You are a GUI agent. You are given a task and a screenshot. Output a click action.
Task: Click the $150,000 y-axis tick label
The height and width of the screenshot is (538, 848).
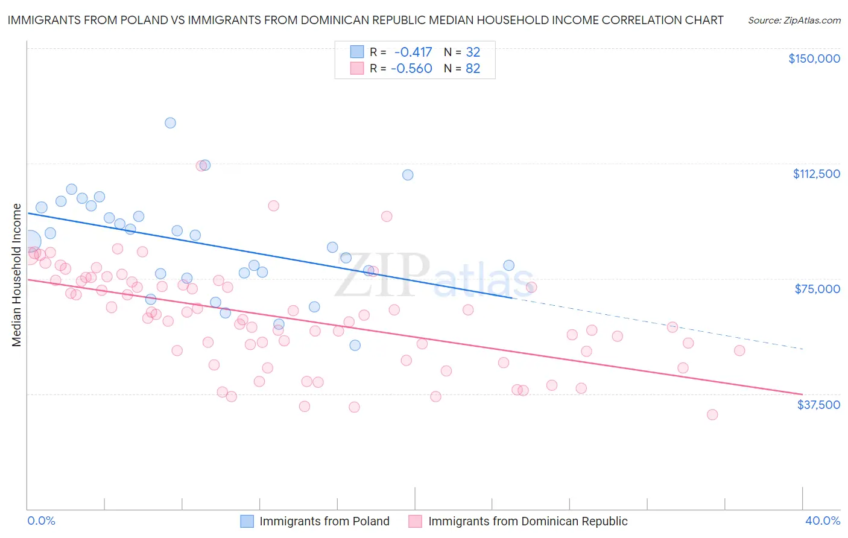(x=814, y=59)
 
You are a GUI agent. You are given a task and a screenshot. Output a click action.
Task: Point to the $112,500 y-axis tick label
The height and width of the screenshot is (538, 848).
(x=816, y=174)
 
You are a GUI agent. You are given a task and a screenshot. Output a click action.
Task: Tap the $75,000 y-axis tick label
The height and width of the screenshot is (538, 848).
(x=817, y=289)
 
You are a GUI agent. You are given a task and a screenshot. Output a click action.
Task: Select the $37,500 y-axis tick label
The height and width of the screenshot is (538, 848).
(x=818, y=405)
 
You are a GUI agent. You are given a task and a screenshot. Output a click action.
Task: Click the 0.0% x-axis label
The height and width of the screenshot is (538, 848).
(x=41, y=521)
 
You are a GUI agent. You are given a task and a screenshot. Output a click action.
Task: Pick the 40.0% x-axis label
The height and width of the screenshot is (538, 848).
(x=822, y=521)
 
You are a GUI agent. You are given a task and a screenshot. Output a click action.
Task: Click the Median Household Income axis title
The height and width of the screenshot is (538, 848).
(x=16, y=275)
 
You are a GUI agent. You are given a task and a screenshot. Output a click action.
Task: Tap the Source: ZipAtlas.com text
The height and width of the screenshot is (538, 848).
(x=794, y=20)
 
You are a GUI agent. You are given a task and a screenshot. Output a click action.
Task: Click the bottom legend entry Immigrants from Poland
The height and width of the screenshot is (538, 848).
(x=324, y=522)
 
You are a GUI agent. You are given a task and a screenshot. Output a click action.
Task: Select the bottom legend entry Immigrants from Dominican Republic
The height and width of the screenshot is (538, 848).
(x=528, y=522)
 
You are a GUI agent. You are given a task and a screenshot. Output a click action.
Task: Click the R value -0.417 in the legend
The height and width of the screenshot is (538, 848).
(x=413, y=52)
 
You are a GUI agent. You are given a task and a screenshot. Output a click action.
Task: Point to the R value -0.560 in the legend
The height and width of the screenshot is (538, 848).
(x=411, y=69)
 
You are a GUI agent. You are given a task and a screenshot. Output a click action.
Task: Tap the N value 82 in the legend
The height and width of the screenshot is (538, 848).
(x=473, y=69)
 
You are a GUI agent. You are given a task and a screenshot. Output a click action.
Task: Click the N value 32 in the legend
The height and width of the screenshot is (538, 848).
(x=473, y=52)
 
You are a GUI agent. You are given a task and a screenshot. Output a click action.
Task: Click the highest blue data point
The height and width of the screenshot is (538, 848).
(x=170, y=123)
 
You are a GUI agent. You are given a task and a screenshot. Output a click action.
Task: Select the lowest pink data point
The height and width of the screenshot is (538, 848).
(x=712, y=414)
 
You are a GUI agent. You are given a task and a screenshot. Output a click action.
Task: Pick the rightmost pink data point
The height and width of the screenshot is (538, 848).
(x=739, y=350)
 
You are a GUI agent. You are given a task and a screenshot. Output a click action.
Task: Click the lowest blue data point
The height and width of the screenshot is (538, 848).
(x=355, y=346)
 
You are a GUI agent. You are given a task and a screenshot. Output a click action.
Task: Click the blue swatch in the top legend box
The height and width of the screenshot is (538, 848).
(x=357, y=52)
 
